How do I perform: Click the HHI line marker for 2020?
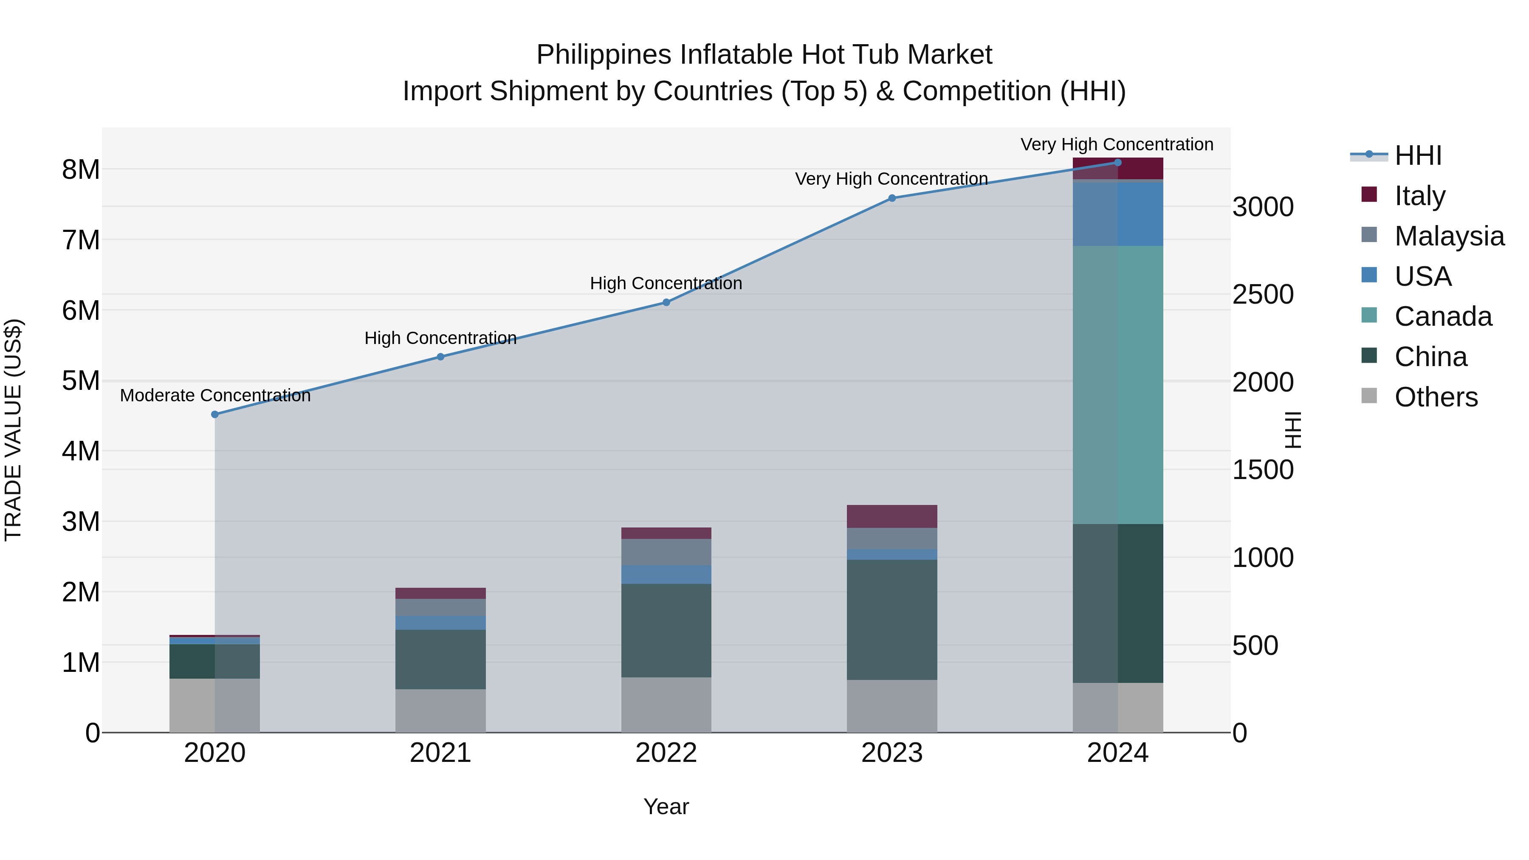click(x=215, y=414)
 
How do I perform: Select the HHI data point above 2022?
click(x=666, y=302)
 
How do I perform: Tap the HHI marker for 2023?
click(x=891, y=198)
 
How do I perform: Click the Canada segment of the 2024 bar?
click(x=1118, y=385)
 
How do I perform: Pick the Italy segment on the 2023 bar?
click(x=891, y=516)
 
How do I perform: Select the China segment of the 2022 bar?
click(x=666, y=630)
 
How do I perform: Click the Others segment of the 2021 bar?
click(x=440, y=711)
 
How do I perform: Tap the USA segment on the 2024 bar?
click(x=1118, y=214)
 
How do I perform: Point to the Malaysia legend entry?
click(x=1448, y=236)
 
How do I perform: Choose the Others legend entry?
click(x=1435, y=397)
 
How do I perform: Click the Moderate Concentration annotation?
click(x=215, y=395)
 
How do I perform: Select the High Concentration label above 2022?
click(x=666, y=283)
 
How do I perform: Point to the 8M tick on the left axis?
click(x=81, y=170)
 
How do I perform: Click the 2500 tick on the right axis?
click(x=1263, y=294)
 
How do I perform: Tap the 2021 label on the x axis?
click(x=440, y=753)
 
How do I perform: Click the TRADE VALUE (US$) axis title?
click(x=13, y=430)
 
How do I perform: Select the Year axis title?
click(x=666, y=806)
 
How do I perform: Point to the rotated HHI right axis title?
click(x=1292, y=430)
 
